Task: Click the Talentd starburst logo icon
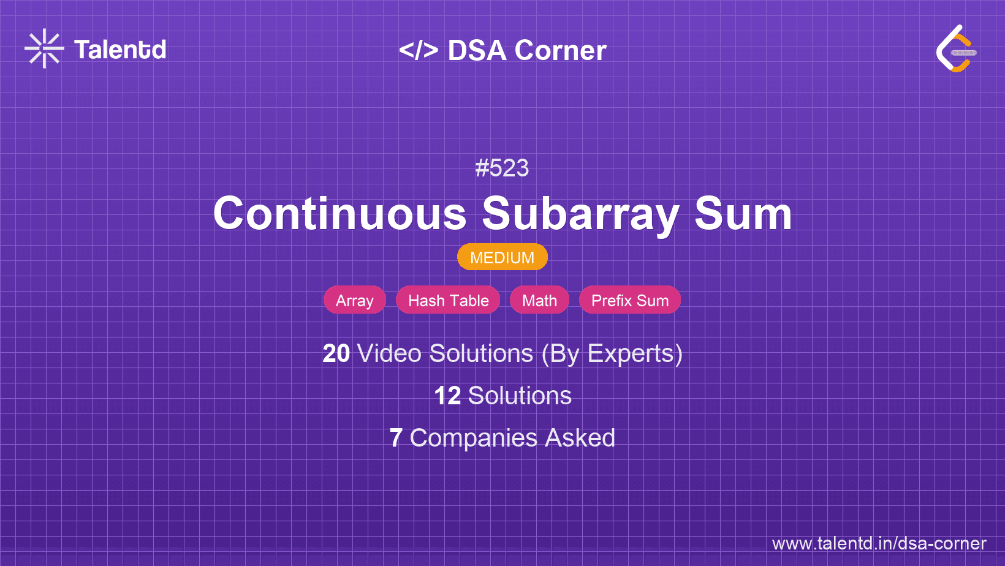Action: (x=44, y=48)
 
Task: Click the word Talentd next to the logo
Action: (x=120, y=50)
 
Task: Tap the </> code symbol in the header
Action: (x=419, y=50)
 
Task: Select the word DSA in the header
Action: (x=477, y=50)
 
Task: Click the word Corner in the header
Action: (x=561, y=50)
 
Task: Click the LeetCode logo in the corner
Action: (x=956, y=49)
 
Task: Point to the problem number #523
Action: (x=502, y=168)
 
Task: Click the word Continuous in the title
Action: (x=339, y=214)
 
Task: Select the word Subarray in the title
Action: (x=580, y=214)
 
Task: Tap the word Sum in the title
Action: (x=743, y=214)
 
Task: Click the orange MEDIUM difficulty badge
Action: (x=502, y=257)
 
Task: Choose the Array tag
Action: (x=354, y=300)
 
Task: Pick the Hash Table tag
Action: (x=448, y=300)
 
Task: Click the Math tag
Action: (x=539, y=300)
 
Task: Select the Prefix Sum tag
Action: (x=629, y=300)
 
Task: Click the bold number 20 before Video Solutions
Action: (x=336, y=353)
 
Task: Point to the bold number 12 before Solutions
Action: (x=447, y=396)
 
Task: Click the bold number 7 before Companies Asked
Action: (x=396, y=438)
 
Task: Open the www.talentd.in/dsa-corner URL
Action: (x=879, y=543)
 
